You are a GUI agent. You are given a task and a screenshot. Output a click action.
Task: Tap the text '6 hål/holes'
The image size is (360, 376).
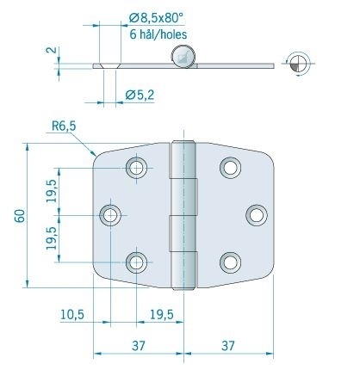tap(158, 34)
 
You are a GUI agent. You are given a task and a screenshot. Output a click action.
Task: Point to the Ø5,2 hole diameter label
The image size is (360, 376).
tap(140, 96)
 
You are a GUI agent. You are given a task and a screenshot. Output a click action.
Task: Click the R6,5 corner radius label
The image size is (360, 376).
tap(63, 126)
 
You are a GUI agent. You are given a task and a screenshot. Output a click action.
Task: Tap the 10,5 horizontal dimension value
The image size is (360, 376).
tap(71, 315)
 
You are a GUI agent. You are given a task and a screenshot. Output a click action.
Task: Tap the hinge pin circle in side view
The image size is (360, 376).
tap(182, 57)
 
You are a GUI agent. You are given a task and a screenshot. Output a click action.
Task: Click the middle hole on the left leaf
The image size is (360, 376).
tap(111, 214)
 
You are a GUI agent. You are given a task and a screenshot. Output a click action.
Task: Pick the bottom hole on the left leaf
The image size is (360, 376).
tap(137, 261)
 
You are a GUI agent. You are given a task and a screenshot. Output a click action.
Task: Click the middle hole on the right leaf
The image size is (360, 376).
tap(255, 213)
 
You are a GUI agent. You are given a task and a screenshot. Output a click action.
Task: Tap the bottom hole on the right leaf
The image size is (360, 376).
tap(229, 261)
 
